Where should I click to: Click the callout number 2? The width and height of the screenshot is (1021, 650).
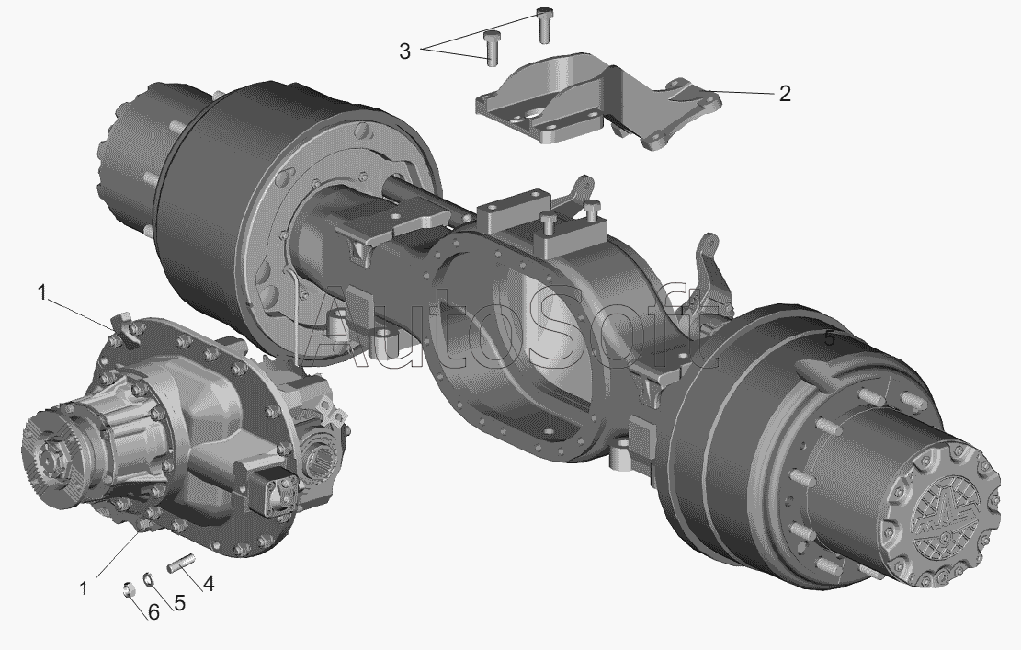[x=785, y=94]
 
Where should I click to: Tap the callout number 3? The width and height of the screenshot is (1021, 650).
[x=405, y=51]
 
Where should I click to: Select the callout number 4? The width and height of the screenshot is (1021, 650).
[x=209, y=584]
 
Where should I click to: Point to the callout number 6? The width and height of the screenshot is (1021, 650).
[x=153, y=612]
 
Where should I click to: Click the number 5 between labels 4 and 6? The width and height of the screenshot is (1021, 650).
[x=180, y=603]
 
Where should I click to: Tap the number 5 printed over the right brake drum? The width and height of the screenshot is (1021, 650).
[x=830, y=338]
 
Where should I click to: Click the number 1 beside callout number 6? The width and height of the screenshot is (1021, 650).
[x=84, y=588]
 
